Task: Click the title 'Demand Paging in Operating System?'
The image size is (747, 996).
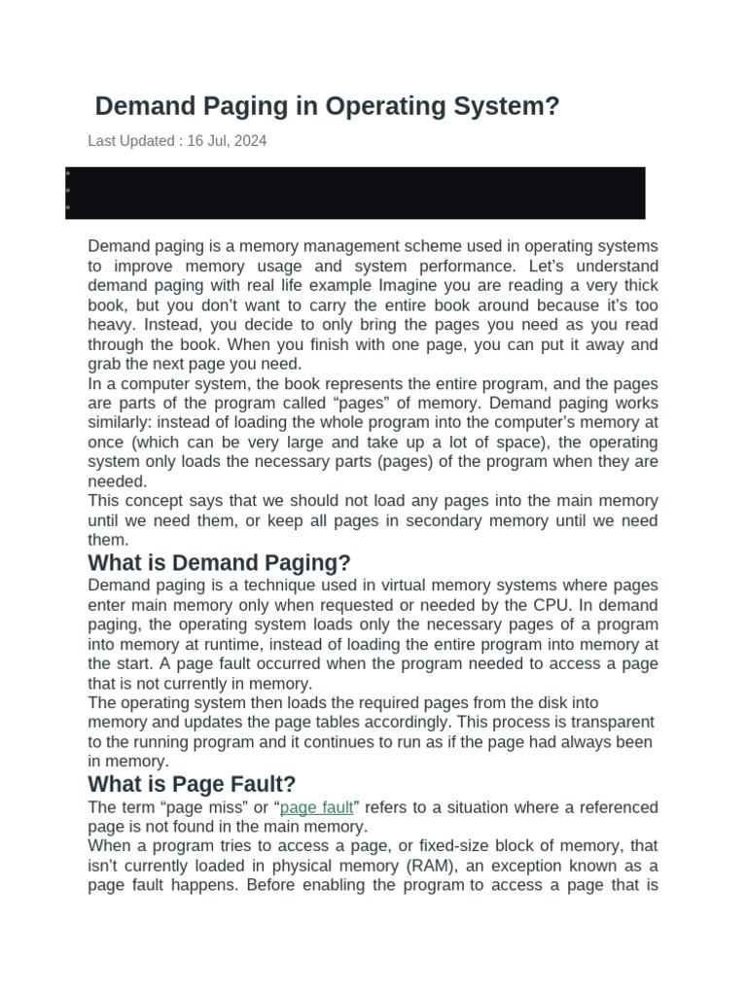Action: pos(327,106)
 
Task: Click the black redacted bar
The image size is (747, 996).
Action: pos(356,193)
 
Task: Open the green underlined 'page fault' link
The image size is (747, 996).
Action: pos(316,807)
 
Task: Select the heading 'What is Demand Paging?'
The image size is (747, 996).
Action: pos(219,563)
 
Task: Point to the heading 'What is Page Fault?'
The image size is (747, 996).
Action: pos(192,784)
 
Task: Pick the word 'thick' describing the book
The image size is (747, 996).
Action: pos(637,286)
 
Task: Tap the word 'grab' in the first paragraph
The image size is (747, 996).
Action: pos(104,365)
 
